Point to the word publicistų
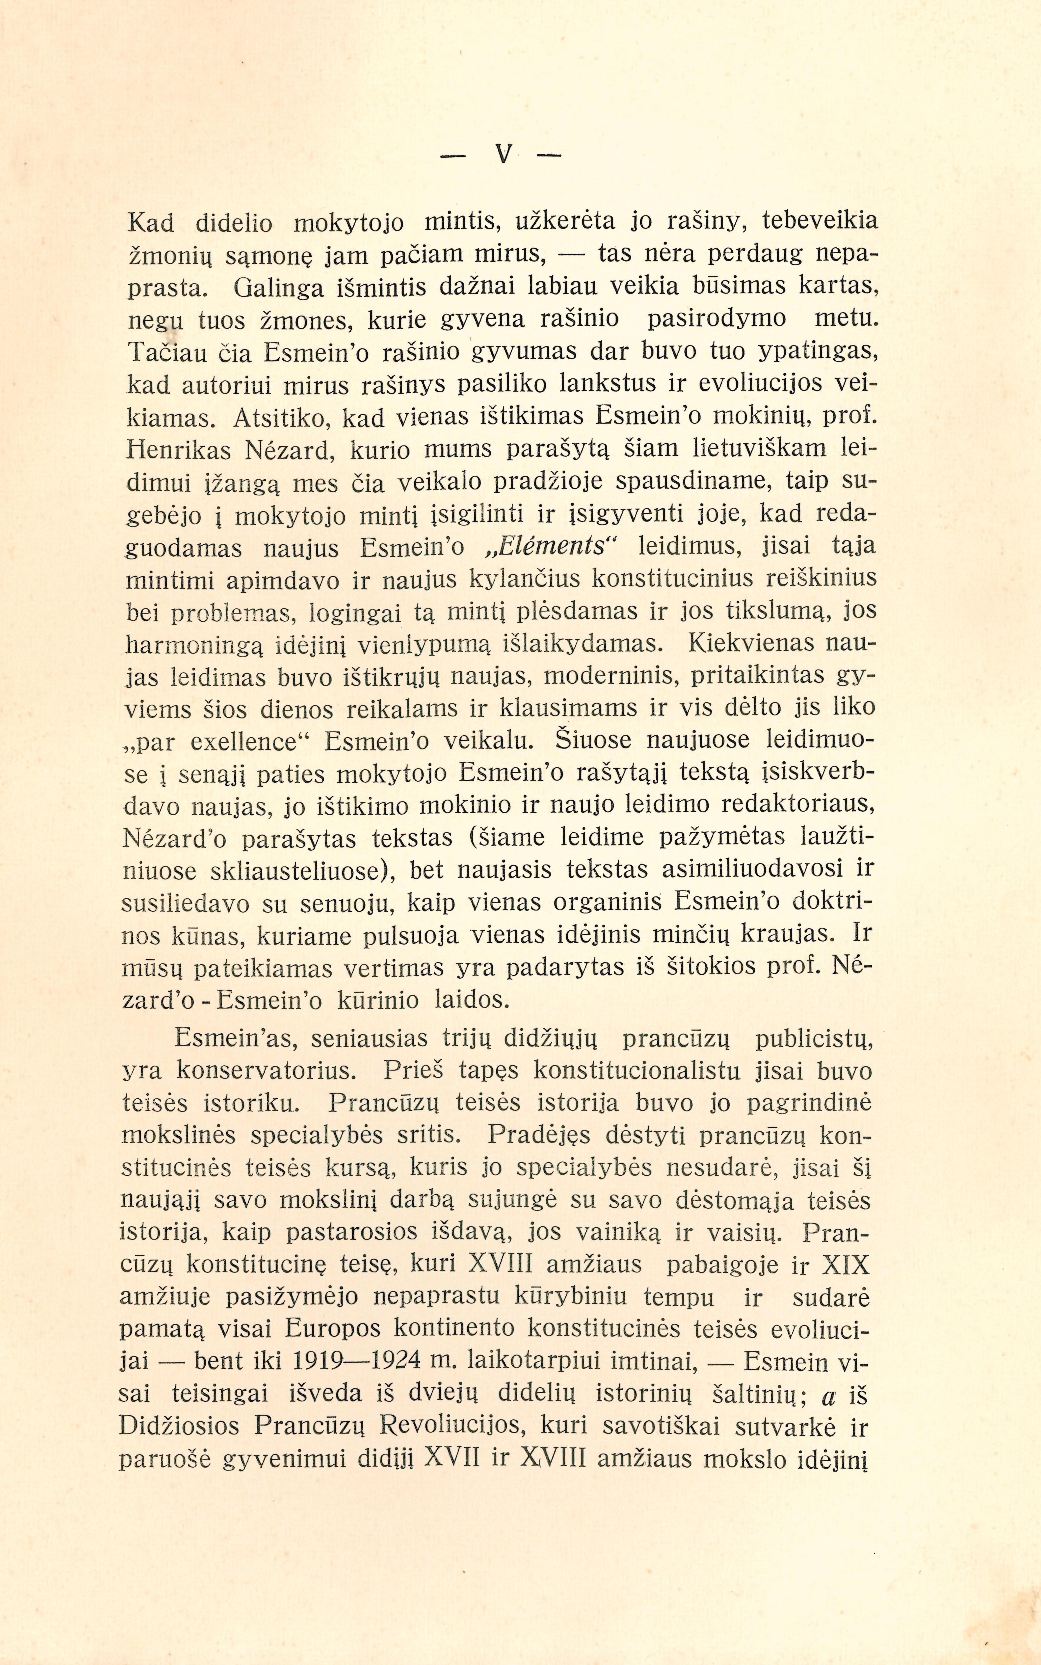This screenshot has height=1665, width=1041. click(x=814, y=1039)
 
